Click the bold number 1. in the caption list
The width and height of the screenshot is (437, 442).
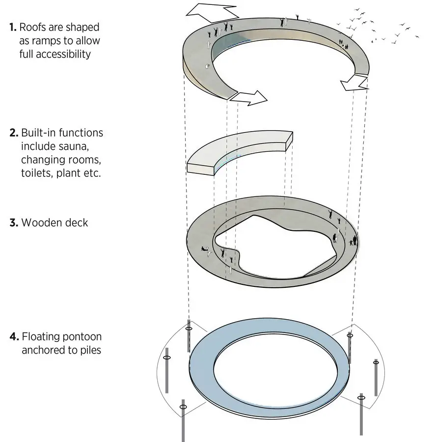(13, 28)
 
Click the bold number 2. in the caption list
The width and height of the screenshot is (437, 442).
(14, 133)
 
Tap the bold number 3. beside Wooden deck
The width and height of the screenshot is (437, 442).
(14, 222)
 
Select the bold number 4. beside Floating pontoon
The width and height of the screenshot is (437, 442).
(14, 336)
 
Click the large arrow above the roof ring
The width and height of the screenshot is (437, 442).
(211, 13)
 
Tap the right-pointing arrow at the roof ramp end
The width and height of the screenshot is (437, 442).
(248, 98)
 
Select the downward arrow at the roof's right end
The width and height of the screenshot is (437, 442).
(354, 83)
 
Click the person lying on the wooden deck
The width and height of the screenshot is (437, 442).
(205, 249)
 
